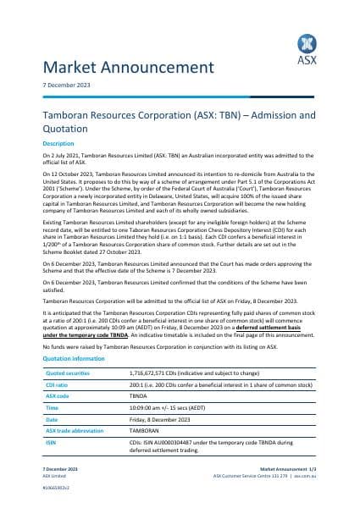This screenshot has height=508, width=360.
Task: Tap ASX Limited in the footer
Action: (53, 475)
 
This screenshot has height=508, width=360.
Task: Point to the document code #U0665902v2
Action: (56, 489)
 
